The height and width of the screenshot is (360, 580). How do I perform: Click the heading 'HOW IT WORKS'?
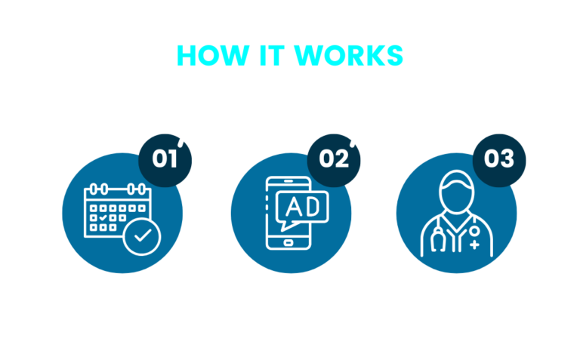[290, 56]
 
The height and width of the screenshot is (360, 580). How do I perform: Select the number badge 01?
[165, 159]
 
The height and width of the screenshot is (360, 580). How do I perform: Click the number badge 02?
[333, 159]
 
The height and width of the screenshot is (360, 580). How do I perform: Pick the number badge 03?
[499, 159]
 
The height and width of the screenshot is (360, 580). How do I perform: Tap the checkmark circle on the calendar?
[141, 237]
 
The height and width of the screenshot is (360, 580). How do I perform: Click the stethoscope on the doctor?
[436, 240]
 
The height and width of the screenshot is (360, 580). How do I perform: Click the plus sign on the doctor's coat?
[474, 245]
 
